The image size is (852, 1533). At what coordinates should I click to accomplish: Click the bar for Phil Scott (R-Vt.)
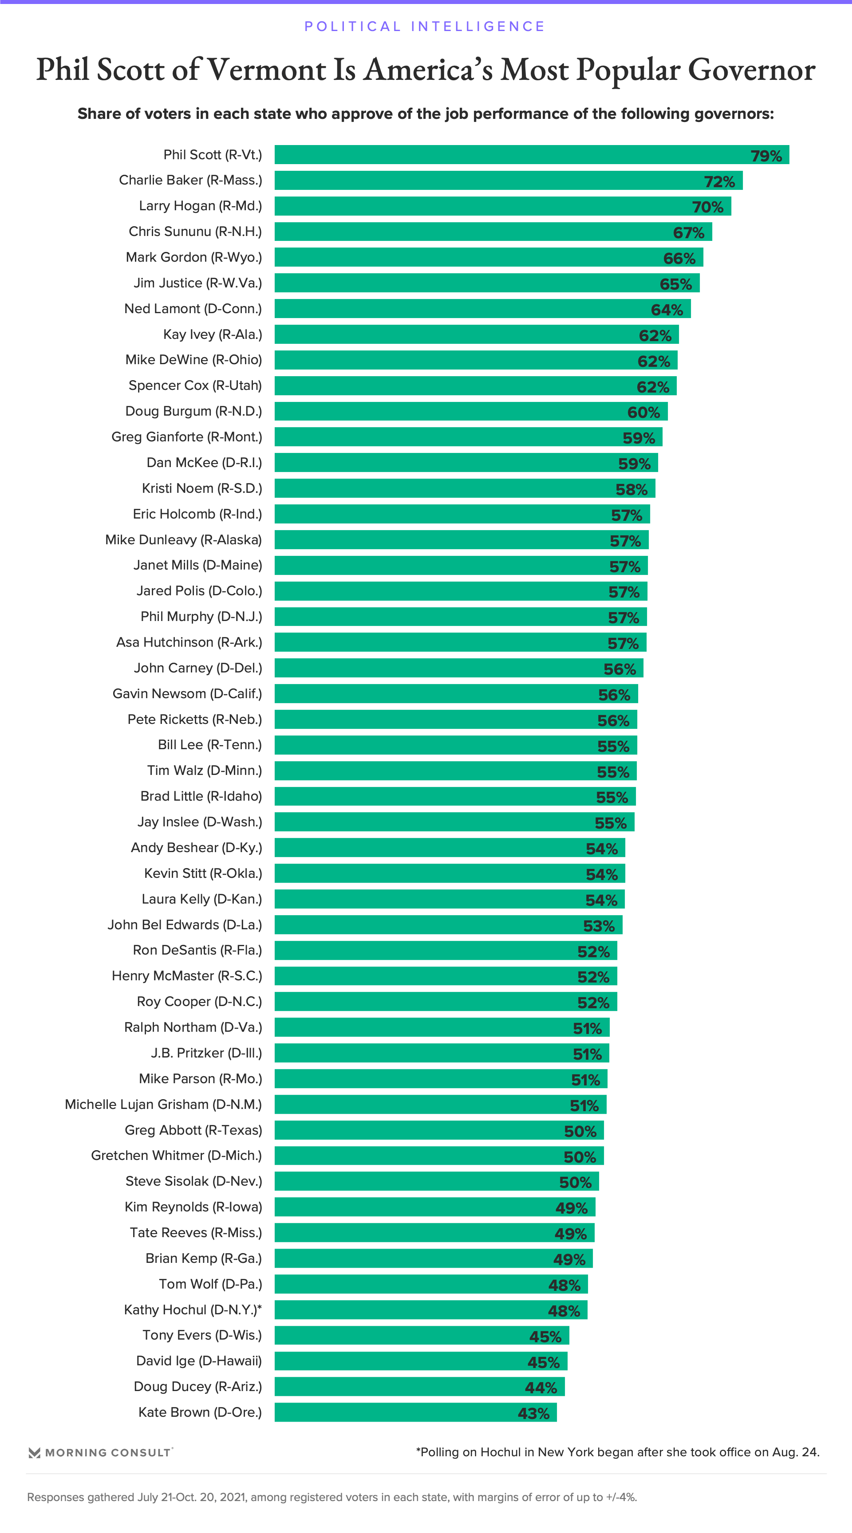(532, 155)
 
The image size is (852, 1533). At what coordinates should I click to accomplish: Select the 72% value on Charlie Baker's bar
(719, 181)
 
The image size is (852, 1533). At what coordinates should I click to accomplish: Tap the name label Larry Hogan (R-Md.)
(200, 206)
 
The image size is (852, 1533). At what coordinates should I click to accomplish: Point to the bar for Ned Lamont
(482, 309)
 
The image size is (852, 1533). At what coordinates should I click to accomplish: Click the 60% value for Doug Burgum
(643, 413)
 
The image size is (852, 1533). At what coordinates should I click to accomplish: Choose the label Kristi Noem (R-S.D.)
(202, 488)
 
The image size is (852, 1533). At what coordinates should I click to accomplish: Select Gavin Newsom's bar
(456, 694)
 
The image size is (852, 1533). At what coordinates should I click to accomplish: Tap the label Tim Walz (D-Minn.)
(204, 770)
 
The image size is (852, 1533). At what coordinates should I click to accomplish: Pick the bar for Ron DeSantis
(446, 951)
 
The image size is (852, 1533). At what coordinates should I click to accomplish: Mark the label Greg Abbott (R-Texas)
(193, 1130)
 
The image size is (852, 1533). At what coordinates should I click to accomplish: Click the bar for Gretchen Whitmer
(439, 1156)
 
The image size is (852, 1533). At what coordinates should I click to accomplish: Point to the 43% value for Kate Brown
(533, 1413)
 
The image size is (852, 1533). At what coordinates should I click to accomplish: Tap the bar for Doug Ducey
(420, 1387)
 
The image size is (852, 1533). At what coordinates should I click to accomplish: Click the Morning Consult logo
(101, 1453)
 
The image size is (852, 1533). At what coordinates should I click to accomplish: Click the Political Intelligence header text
(425, 26)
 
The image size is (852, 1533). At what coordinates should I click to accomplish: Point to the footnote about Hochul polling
(617, 1452)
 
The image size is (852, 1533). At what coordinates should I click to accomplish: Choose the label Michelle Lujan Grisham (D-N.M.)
(163, 1105)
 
